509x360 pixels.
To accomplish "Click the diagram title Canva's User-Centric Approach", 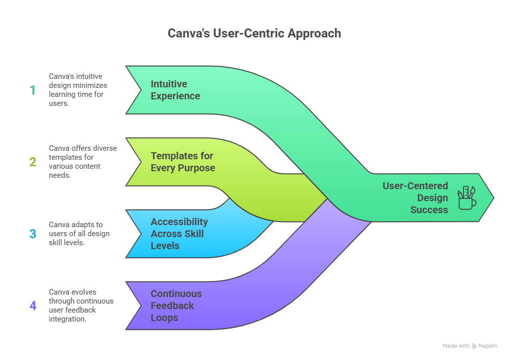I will (x=254, y=33).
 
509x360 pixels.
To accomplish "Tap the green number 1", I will (x=33, y=90).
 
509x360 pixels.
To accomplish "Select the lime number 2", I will (x=33, y=162).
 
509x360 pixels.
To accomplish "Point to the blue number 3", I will (x=33, y=234).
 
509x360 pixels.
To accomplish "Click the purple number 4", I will (x=33, y=306).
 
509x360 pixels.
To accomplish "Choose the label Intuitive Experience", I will (x=175, y=90).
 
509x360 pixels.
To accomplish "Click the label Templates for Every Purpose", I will (x=183, y=162).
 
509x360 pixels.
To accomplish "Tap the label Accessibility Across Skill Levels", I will (x=179, y=234).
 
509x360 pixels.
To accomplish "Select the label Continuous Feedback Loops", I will (x=176, y=306).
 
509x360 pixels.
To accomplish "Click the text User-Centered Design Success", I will (x=415, y=198).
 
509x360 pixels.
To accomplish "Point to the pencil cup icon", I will (x=467, y=198).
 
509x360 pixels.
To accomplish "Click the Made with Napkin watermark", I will (x=470, y=346).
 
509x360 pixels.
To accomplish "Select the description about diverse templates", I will (x=82, y=162).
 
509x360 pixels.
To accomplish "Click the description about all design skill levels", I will (x=79, y=234).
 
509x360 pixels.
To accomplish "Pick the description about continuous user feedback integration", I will (x=81, y=306).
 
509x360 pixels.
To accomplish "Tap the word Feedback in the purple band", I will (x=172, y=306).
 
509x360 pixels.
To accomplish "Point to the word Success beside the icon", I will (x=429, y=210).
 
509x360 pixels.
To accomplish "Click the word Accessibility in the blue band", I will (x=179, y=222).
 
